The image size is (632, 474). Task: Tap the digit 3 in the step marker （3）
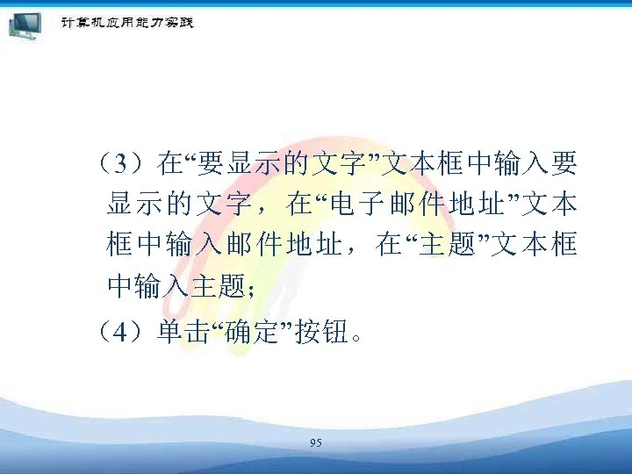coord(127,163)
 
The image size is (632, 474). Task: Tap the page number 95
coord(316,443)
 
